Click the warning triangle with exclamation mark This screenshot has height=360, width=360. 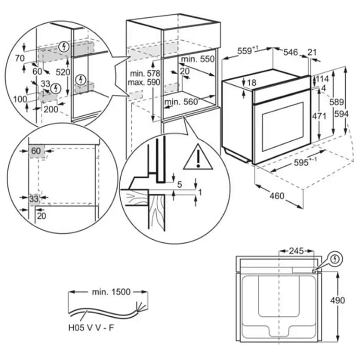[x=198, y=157]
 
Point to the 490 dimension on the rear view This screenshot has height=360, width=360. [x=337, y=300]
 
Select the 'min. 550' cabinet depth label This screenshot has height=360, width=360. [x=197, y=59]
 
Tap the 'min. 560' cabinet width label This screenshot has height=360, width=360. [x=181, y=102]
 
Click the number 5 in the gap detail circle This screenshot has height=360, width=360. [x=179, y=185]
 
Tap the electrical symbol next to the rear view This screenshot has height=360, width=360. [x=335, y=259]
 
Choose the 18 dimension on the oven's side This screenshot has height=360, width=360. [x=252, y=83]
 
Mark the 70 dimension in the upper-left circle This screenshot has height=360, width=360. [x=19, y=58]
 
